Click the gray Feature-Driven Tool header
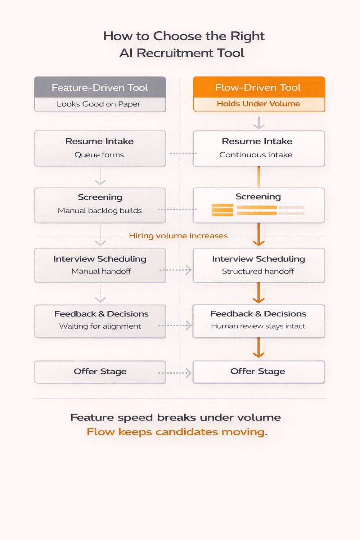tap(100, 87)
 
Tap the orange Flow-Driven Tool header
tap(258, 87)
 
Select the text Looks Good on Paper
tap(99, 104)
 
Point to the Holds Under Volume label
tap(258, 104)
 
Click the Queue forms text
tap(99, 155)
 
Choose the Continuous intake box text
tap(256, 155)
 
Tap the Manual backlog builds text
tap(100, 211)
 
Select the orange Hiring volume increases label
tap(178, 236)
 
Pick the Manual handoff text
tap(101, 271)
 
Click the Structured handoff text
tap(258, 271)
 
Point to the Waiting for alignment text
tap(100, 326)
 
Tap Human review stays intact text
tap(258, 326)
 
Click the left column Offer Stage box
tap(100, 372)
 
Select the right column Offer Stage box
tap(258, 372)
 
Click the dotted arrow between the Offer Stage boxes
tap(175, 373)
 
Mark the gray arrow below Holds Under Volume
tap(258, 122)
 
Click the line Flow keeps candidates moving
tap(177, 432)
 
